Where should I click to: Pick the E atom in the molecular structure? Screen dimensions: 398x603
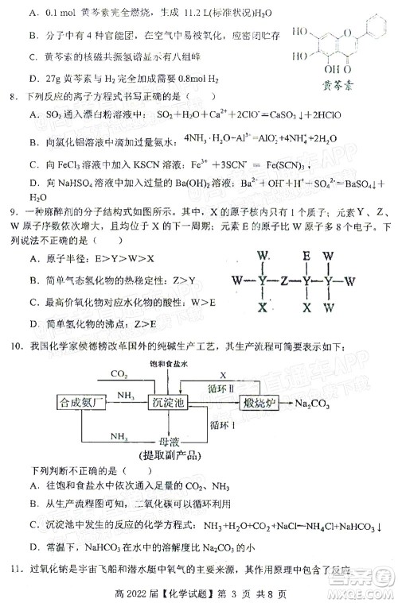pyautogui.click(x=306, y=257)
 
